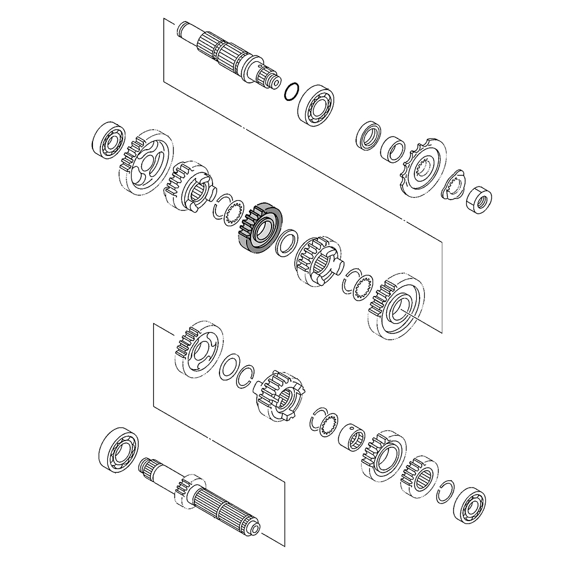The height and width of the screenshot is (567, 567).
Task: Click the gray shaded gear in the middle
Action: (x=260, y=227)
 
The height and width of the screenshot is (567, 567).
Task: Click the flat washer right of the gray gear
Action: (x=285, y=242)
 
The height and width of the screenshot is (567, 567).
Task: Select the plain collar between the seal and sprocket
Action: (x=393, y=149)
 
